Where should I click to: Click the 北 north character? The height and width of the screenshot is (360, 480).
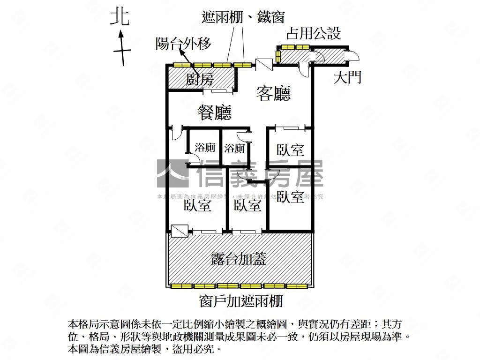(x=120, y=17)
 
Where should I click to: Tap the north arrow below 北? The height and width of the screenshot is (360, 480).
(x=121, y=47)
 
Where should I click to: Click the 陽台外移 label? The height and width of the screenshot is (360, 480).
(x=183, y=44)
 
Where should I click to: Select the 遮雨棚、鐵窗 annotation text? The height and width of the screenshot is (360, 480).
(x=243, y=18)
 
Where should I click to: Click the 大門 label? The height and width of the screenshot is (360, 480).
(x=347, y=77)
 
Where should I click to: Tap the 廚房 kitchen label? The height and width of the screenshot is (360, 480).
(x=200, y=80)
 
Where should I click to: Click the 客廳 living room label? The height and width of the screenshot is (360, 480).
(x=274, y=93)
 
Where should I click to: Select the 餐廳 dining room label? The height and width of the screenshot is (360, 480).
(x=215, y=112)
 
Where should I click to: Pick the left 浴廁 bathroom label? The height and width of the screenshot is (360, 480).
(x=205, y=148)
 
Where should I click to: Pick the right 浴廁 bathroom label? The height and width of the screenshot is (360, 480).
(x=234, y=148)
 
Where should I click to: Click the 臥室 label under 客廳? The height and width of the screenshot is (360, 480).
(x=290, y=150)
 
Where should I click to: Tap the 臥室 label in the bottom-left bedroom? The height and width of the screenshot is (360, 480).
(x=197, y=205)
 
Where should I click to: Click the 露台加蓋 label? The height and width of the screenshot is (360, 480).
(x=239, y=257)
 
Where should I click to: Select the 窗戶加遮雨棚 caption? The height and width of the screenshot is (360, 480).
(x=241, y=300)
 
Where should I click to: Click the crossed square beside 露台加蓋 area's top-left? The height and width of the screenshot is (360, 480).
(x=180, y=230)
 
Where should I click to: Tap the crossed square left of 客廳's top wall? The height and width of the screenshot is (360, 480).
(x=263, y=65)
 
